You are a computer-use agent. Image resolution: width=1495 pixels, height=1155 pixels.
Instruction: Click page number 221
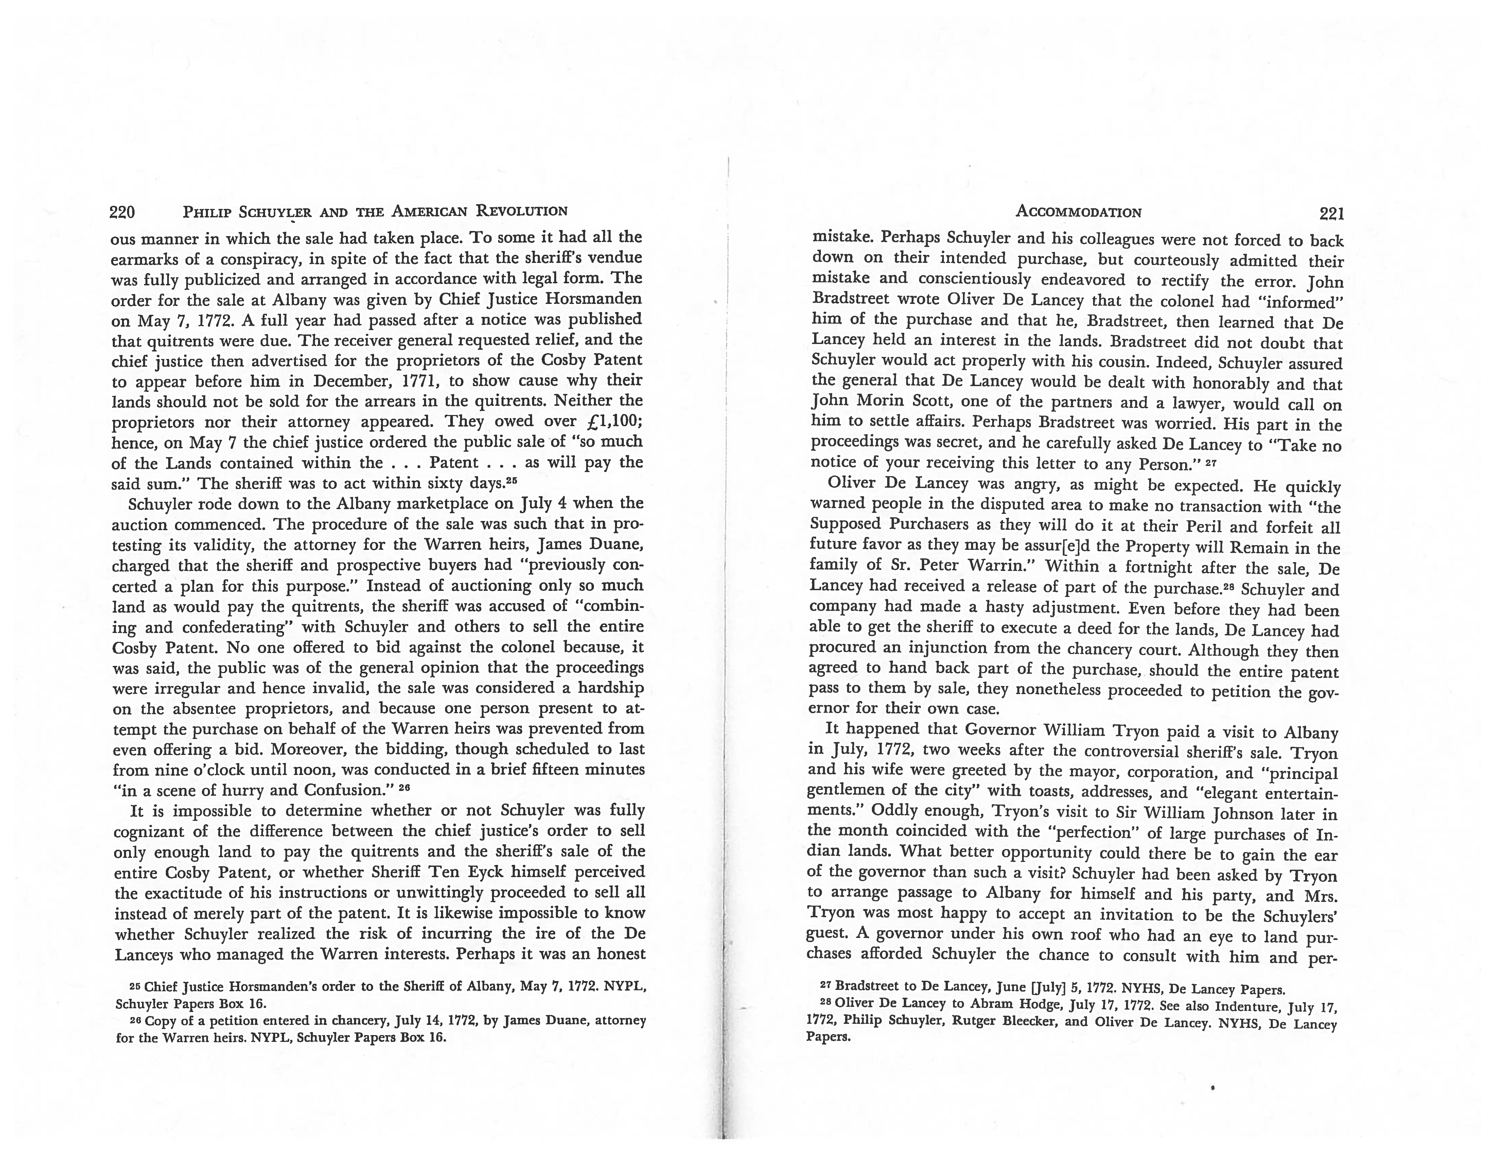click(1331, 214)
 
